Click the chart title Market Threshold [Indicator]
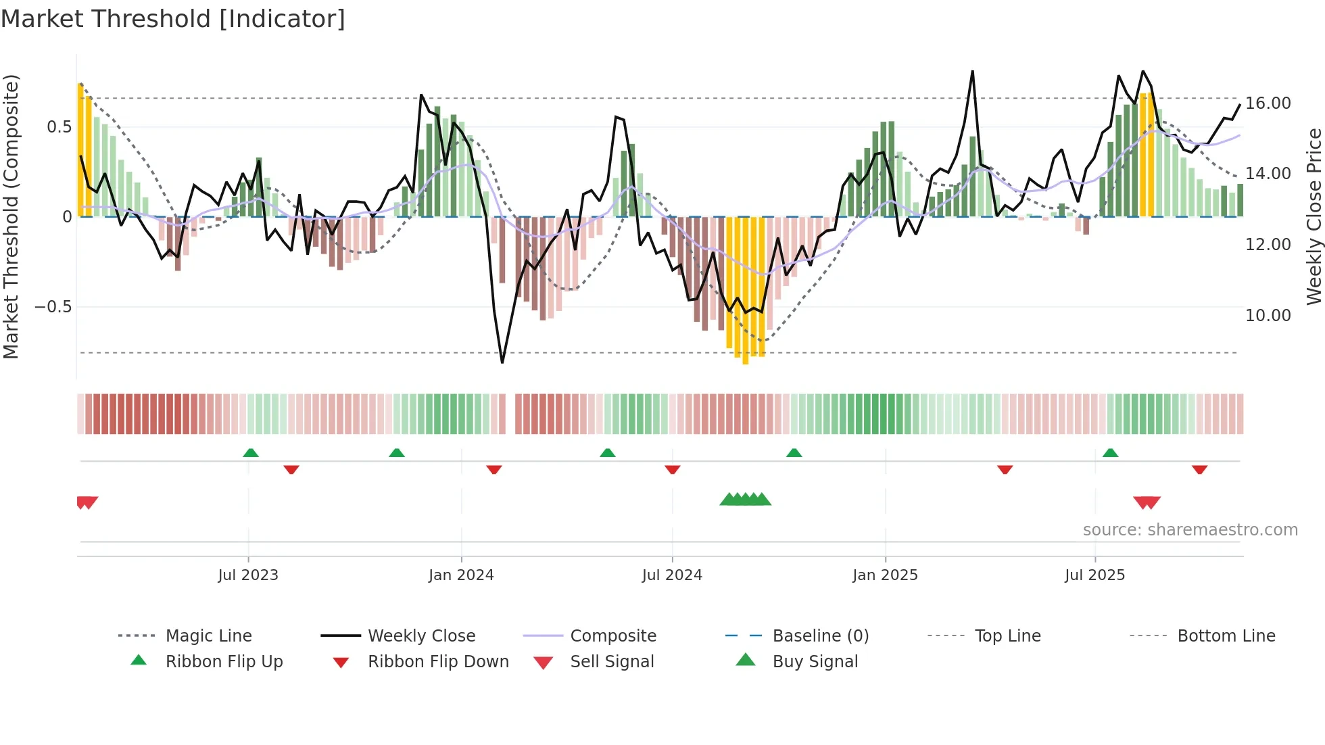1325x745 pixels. point(173,19)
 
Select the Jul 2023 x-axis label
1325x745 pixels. point(248,575)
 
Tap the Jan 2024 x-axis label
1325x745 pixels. point(461,575)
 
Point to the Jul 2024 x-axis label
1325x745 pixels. point(672,575)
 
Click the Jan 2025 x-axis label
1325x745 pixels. point(885,575)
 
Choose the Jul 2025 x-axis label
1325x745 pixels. point(1094,575)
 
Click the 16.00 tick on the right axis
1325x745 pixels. point(1268,103)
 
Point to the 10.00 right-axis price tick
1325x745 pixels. point(1268,316)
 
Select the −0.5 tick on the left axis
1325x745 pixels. point(53,307)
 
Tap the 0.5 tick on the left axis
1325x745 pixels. point(59,127)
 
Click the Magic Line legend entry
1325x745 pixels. point(208,636)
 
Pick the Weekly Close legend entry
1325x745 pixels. point(421,636)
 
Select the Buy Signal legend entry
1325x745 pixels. point(815,662)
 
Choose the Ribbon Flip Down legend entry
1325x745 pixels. point(437,662)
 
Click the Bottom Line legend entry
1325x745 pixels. point(1226,636)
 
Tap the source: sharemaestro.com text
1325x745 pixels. point(1190,530)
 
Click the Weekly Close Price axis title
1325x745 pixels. point(1314,216)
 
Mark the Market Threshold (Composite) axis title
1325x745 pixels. point(11,216)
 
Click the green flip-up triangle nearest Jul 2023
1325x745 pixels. point(251,453)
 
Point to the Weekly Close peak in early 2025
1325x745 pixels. point(972,72)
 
